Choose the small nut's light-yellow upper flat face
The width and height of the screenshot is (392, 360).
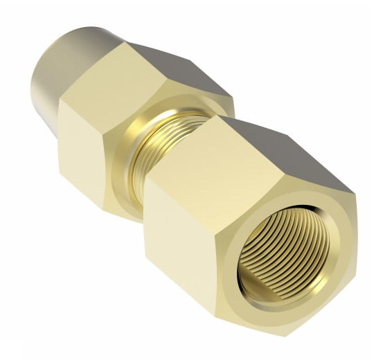(125, 76)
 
